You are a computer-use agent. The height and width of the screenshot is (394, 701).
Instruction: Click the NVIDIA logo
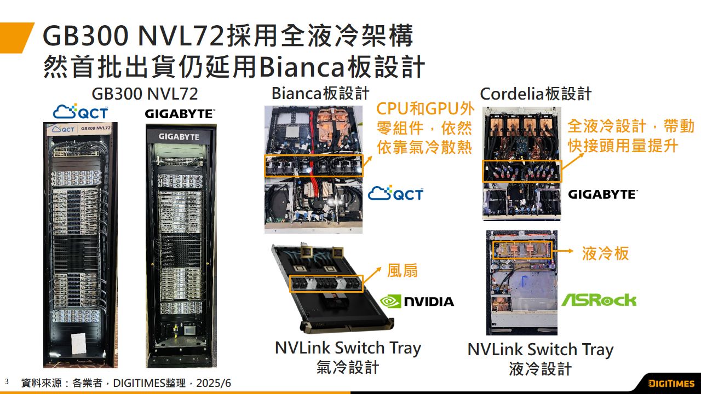417,301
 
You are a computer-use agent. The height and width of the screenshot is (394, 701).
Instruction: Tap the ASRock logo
599,300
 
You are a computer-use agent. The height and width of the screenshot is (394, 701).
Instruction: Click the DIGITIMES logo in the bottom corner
671,383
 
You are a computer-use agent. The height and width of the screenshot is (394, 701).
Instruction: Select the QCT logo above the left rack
80,112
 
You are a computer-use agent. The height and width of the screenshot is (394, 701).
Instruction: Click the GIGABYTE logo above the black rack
180,114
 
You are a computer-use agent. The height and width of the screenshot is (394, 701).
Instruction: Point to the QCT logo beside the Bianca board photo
395,193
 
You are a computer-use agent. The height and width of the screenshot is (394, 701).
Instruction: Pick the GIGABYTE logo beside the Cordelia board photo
602,194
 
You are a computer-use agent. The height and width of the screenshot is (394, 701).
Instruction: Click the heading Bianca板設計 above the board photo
320,93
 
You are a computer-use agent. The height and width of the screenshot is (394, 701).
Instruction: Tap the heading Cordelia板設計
536,94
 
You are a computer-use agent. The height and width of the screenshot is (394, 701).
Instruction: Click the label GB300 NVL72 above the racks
145,94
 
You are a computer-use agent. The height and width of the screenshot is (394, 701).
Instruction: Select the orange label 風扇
403,270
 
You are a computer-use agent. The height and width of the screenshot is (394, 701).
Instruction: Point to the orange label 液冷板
605,253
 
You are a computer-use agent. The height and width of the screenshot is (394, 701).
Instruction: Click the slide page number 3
7,381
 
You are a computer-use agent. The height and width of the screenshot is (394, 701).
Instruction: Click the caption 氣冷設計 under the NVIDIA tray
348,367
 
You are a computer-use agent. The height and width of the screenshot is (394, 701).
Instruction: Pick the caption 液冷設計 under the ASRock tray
540,369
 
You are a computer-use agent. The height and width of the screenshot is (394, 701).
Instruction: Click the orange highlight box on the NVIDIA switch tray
326,283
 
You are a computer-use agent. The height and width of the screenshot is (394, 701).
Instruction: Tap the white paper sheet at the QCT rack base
79,341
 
